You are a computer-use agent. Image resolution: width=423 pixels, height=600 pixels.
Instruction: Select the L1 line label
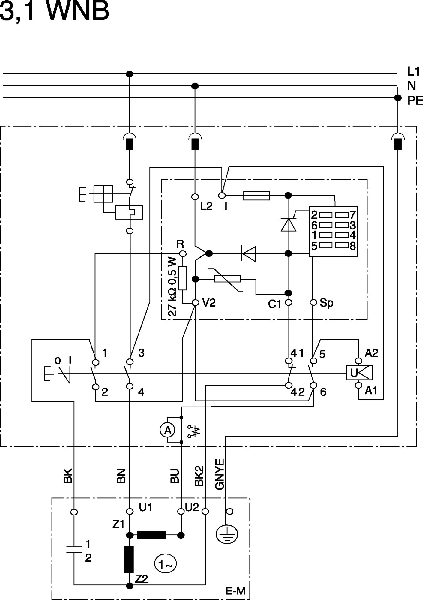point(414,71)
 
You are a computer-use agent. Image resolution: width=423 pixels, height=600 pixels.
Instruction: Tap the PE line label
point(415,100)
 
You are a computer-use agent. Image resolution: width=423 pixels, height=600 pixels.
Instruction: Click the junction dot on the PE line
point(398,98)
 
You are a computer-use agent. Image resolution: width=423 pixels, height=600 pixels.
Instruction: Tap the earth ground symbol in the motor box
point(227,534)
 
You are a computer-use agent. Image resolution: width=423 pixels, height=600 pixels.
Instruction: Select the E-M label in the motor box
point(235,591)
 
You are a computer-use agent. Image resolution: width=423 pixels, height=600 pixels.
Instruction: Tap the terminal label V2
point(209,303)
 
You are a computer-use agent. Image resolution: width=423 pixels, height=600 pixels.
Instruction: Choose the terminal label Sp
point(327,303)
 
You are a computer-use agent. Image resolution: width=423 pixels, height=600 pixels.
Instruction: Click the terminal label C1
point(275,305)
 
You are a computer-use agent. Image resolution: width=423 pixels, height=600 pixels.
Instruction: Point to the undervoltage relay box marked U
point(359,373)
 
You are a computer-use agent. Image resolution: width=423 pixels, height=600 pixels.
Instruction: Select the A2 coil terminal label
point(371,353)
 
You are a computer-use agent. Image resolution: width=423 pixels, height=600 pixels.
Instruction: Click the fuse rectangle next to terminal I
point(256,196)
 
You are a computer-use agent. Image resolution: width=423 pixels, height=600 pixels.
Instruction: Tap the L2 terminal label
point(206,206)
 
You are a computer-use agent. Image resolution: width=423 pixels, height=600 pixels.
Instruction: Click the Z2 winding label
point(141,579)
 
